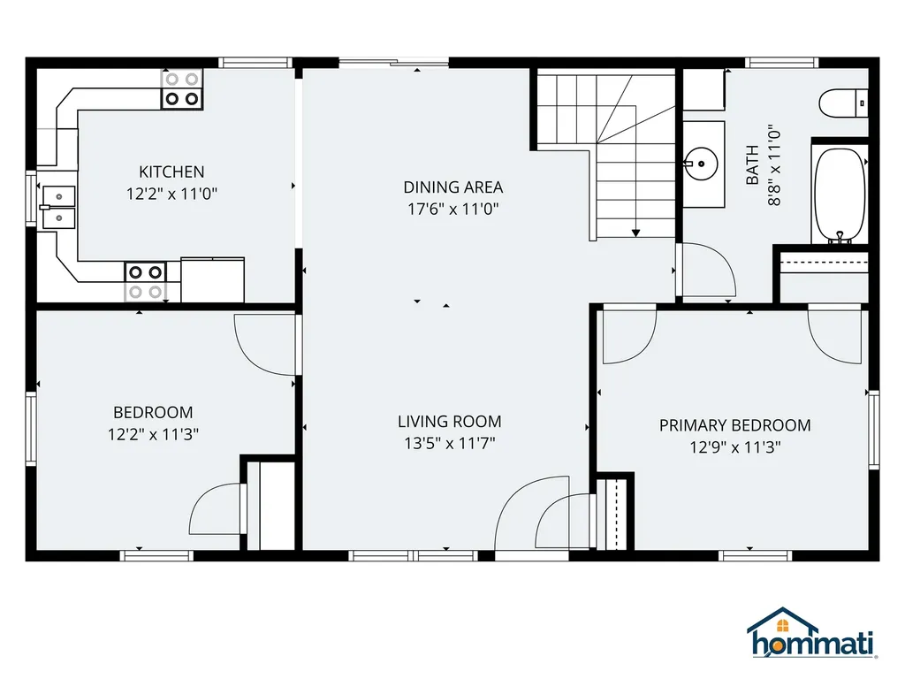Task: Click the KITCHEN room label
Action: tap(171, 172)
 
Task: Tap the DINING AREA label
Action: tap(452, 187)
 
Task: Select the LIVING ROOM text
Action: tap(449, 422)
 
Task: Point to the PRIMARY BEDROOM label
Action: tap(734, 425)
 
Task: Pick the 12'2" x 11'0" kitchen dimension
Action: tap(171, 194)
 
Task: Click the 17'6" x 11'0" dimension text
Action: tap(452, 210)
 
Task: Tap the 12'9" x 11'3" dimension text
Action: tap(734, 447)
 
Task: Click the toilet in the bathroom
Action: tap(843, 103)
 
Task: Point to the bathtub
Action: tap(839, 195)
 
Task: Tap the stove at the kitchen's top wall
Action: tap(181, 89)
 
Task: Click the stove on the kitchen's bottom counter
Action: tap(146, 281)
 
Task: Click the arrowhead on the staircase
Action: tap(635, 233)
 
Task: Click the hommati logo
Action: tap(811, 634)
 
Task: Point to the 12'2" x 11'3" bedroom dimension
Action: tap(153, 434)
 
